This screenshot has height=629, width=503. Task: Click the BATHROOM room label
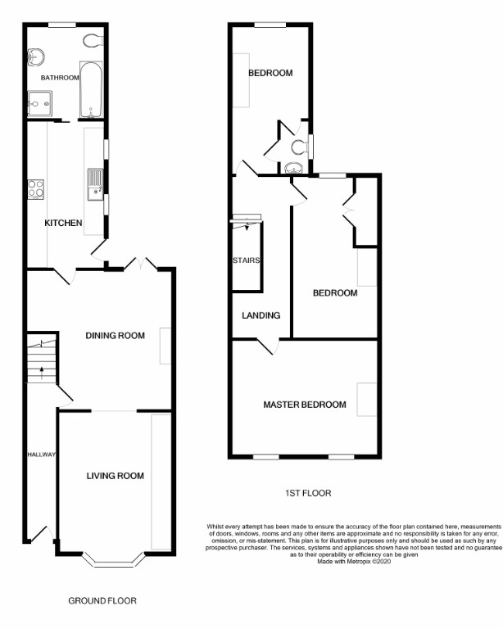60,78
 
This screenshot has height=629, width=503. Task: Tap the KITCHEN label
62,223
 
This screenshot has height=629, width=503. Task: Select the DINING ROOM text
116,335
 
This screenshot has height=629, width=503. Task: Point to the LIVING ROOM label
116,476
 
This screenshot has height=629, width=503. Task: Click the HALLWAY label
40,455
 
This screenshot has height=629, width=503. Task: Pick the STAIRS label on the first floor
246,260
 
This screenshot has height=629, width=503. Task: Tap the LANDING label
261,315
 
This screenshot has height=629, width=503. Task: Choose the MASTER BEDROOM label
304,405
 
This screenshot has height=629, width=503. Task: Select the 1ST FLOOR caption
304,493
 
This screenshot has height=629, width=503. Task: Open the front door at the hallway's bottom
41,534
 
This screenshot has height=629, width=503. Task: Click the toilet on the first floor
300,147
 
